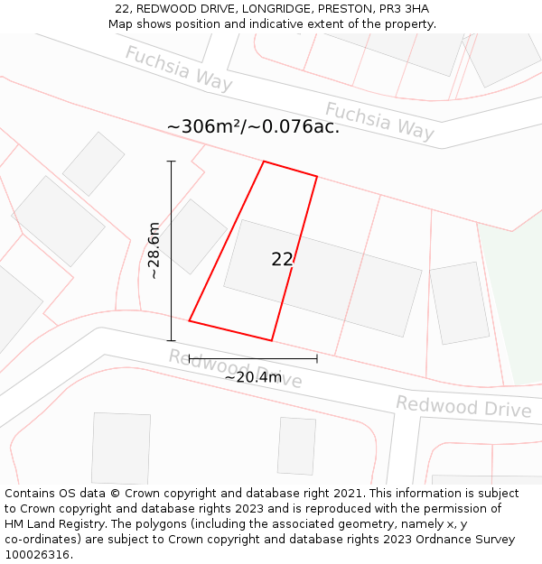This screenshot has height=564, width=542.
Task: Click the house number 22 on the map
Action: (282, 259)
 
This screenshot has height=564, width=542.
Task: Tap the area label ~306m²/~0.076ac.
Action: (253, 126)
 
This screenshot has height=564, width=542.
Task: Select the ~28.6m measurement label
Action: (154, 251)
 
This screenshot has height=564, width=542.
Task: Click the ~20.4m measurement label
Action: (253, 377)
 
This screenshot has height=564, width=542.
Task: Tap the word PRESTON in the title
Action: (341, 9)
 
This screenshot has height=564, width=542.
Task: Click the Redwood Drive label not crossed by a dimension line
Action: (463, 407)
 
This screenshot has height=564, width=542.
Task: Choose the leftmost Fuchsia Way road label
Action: (178, 69)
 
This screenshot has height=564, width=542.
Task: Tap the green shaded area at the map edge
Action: (515, 298)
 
